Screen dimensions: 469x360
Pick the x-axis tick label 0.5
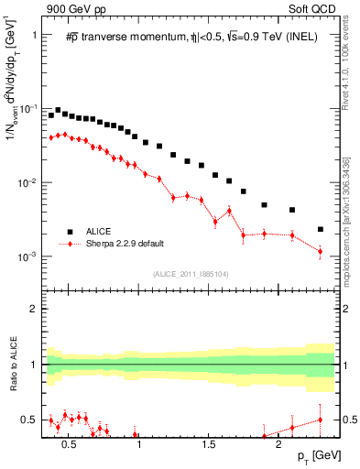[68, 442]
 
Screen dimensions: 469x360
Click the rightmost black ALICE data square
[320, 229]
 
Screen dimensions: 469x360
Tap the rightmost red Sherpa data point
[320, 251]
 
